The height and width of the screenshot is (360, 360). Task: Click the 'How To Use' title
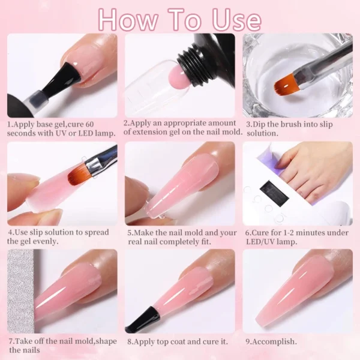click(x=180, y=19)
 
